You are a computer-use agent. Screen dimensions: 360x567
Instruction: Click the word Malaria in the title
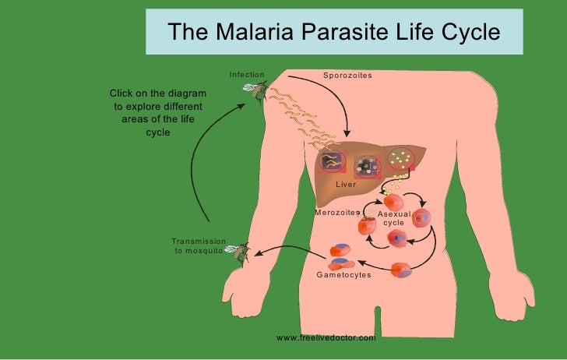(252, 34)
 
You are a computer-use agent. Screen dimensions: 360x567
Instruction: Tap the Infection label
(247, 75)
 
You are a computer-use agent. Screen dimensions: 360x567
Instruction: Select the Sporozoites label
(347, 75)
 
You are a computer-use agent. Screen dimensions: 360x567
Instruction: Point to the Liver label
(345, 185)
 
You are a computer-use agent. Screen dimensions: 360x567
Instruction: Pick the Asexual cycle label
(393, 218)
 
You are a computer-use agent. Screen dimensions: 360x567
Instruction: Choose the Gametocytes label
(343, 275)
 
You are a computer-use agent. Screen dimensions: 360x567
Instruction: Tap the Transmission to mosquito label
(199, 246)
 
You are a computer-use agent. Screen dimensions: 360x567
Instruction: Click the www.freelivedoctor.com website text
(326, 338)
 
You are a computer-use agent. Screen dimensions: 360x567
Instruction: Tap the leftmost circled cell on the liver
(333, 161)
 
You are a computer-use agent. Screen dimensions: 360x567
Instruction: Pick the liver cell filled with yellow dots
(401, 159)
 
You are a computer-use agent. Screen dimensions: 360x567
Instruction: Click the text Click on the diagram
(157, 93)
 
